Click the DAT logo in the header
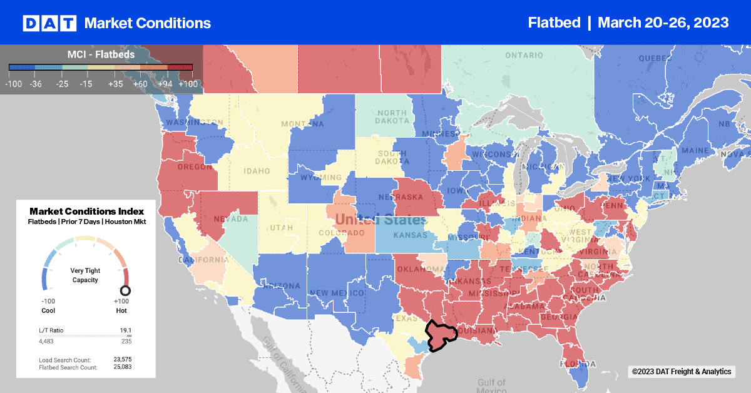pos(49,23)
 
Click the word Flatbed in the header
pos(553,23)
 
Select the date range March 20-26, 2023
pos(663,23)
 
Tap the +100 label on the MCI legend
pos(187,83)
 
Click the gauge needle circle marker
pos(125,290)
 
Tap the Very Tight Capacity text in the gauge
pos(85,275)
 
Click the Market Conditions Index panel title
pos(86,212)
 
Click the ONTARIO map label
pos(524,55)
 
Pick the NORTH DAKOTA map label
pos(392,116)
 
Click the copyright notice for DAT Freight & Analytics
pos(681,372)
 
